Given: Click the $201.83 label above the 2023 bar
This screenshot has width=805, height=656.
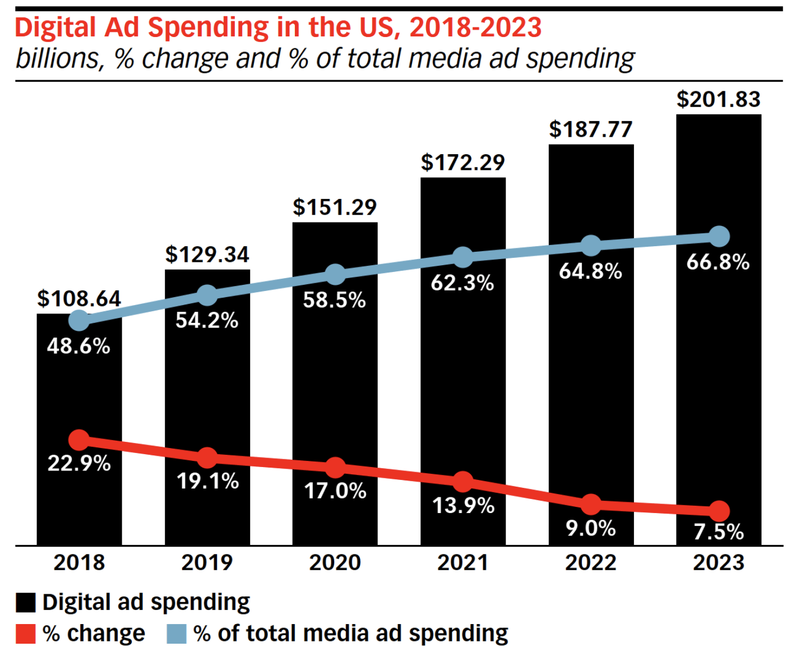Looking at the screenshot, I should coord(718,99).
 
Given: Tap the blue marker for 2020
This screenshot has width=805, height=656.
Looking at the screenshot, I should coord(335,274).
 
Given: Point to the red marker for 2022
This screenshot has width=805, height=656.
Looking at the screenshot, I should coord(590,504).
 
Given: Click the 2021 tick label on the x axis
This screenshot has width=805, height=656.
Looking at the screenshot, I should coord(462,562).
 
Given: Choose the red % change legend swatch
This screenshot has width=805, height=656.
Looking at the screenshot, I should coord(26,634).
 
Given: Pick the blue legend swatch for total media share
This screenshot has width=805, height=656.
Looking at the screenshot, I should coord(177,634).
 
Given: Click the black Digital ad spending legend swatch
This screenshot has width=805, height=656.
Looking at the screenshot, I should coord(26,603).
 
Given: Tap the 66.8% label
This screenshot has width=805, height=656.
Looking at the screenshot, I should coord(718,262).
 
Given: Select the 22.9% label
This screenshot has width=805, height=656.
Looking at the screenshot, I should coord(79,464).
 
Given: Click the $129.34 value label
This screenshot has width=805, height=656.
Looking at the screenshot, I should coord(207,255).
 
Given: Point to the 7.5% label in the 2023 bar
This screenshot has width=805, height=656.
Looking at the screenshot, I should coord(718,532).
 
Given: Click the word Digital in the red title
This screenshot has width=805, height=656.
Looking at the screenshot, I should coord(55,27).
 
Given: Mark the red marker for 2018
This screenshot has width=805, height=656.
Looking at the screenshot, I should coord(79,440).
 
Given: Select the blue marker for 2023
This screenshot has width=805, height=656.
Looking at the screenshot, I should coord(719,236).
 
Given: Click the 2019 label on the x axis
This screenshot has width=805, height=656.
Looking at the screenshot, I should coord(207,562).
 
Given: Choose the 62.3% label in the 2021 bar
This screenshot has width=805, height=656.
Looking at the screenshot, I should coord(462,283).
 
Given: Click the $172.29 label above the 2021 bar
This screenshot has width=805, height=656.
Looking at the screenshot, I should coord(462,163).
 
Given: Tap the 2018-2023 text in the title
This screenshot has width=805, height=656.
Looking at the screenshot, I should coord(475,27).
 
